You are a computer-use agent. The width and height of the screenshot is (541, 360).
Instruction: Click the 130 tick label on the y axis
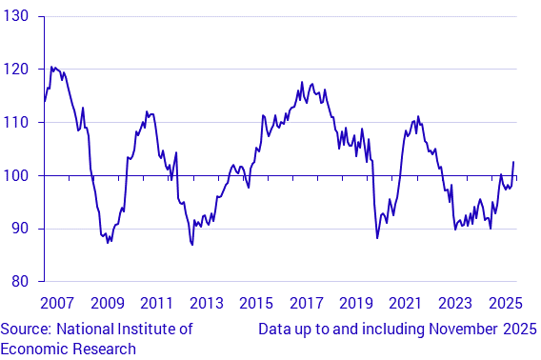[15, 17]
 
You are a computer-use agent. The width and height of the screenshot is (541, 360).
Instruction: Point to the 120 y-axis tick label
[15, 70]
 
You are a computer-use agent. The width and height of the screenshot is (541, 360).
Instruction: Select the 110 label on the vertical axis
[15, 123]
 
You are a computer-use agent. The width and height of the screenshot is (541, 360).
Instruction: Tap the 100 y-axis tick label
[15, 176]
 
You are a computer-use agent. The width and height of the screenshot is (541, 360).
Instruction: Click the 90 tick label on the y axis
[19, 229]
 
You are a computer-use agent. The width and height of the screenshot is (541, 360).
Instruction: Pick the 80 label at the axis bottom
[19, 282]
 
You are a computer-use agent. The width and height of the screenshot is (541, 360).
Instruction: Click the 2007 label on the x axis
[57, 304]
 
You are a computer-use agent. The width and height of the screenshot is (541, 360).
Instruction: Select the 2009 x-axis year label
[107, 304]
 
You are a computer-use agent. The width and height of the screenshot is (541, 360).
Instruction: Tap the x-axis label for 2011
[156, 304]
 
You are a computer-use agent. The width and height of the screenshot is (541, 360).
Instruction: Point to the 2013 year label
[206, 304]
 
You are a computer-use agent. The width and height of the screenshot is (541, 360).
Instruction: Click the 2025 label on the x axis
[504, 304]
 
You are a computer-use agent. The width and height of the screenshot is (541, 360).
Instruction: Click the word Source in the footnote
[26, 329]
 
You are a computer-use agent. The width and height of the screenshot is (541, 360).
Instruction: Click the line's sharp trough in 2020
[377, 237]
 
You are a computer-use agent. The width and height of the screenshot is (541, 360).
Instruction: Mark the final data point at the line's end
[514, 162]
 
